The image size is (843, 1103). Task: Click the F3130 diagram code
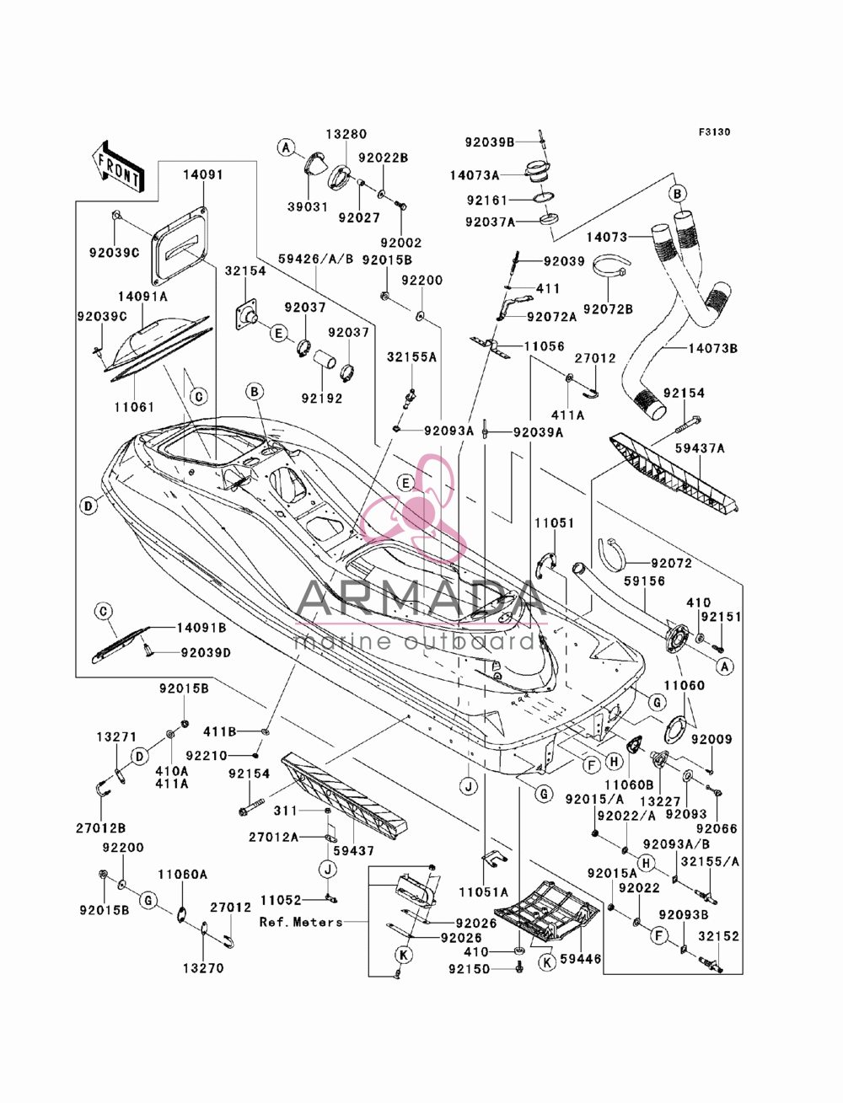[714, 132]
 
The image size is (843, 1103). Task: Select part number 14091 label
[202, 175]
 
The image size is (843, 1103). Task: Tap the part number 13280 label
[346, 134]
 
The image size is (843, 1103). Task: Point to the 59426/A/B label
[316, 260]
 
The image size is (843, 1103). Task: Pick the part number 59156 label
[644, 581]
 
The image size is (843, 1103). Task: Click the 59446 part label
[581, 959]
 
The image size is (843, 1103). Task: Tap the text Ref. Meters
[301, 922]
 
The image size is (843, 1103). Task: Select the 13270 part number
[203, 968]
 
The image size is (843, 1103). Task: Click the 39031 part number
[308, 206]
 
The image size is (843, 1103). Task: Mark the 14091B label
[201, 628]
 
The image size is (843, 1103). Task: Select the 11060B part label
[629, 784]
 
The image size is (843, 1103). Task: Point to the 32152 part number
[719, 936]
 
